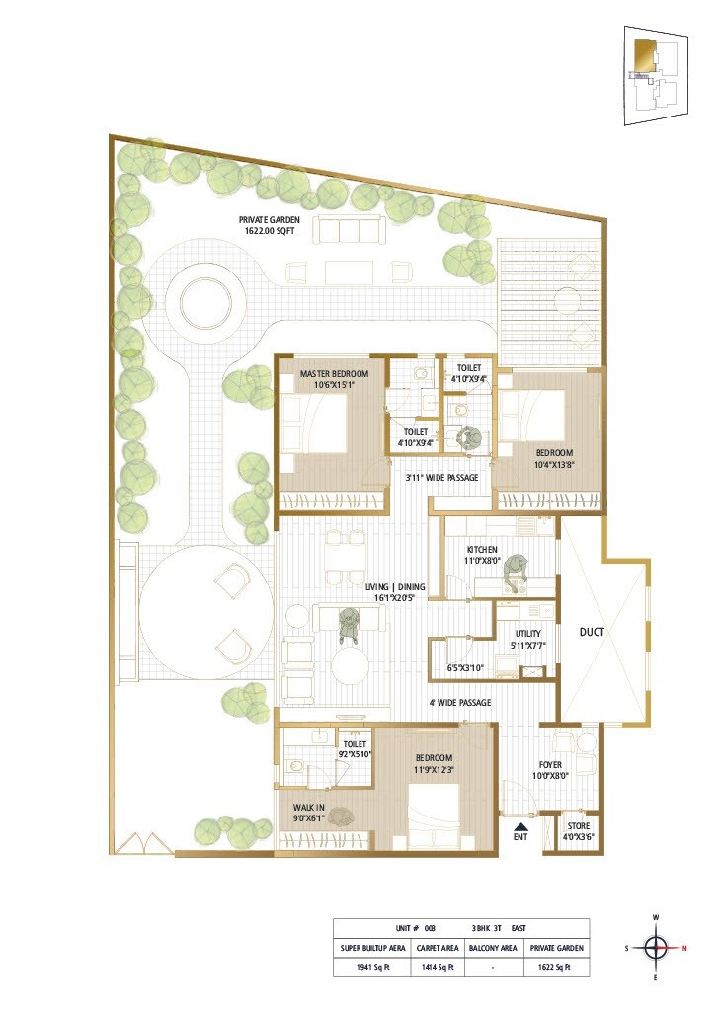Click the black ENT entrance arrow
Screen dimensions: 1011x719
click(x=520, y=824)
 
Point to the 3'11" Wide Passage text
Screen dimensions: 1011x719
click(x=441, y=478)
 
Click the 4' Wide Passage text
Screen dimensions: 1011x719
click(x=459, y=703)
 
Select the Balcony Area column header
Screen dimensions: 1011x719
click(x=493, y=948)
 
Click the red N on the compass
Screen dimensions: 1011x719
click(x=685, y=949)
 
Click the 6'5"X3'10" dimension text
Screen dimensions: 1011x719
click(x=463, y=668)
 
